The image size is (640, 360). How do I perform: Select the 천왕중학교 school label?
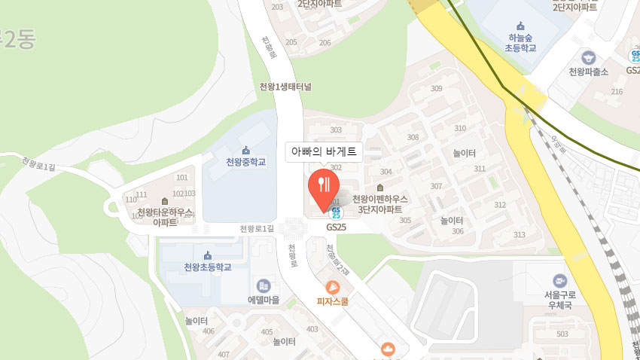[245, 162]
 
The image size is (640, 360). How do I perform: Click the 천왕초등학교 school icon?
[208, 254]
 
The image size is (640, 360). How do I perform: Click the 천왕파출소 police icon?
[588, 56]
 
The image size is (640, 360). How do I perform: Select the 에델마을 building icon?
[264, 285]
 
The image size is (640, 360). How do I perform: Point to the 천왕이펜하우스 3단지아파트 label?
[380, 203]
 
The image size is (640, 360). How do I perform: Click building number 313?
[519, 235]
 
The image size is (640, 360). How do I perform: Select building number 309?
[436, 89]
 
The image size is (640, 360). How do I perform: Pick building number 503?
[562, 334]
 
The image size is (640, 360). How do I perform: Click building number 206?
[325, 42]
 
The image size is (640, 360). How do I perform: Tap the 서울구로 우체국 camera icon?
[559, 280]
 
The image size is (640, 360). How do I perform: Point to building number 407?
[223, 354]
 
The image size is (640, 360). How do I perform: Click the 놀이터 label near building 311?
[464, 153]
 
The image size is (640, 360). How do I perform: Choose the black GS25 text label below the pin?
[336, 226]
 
